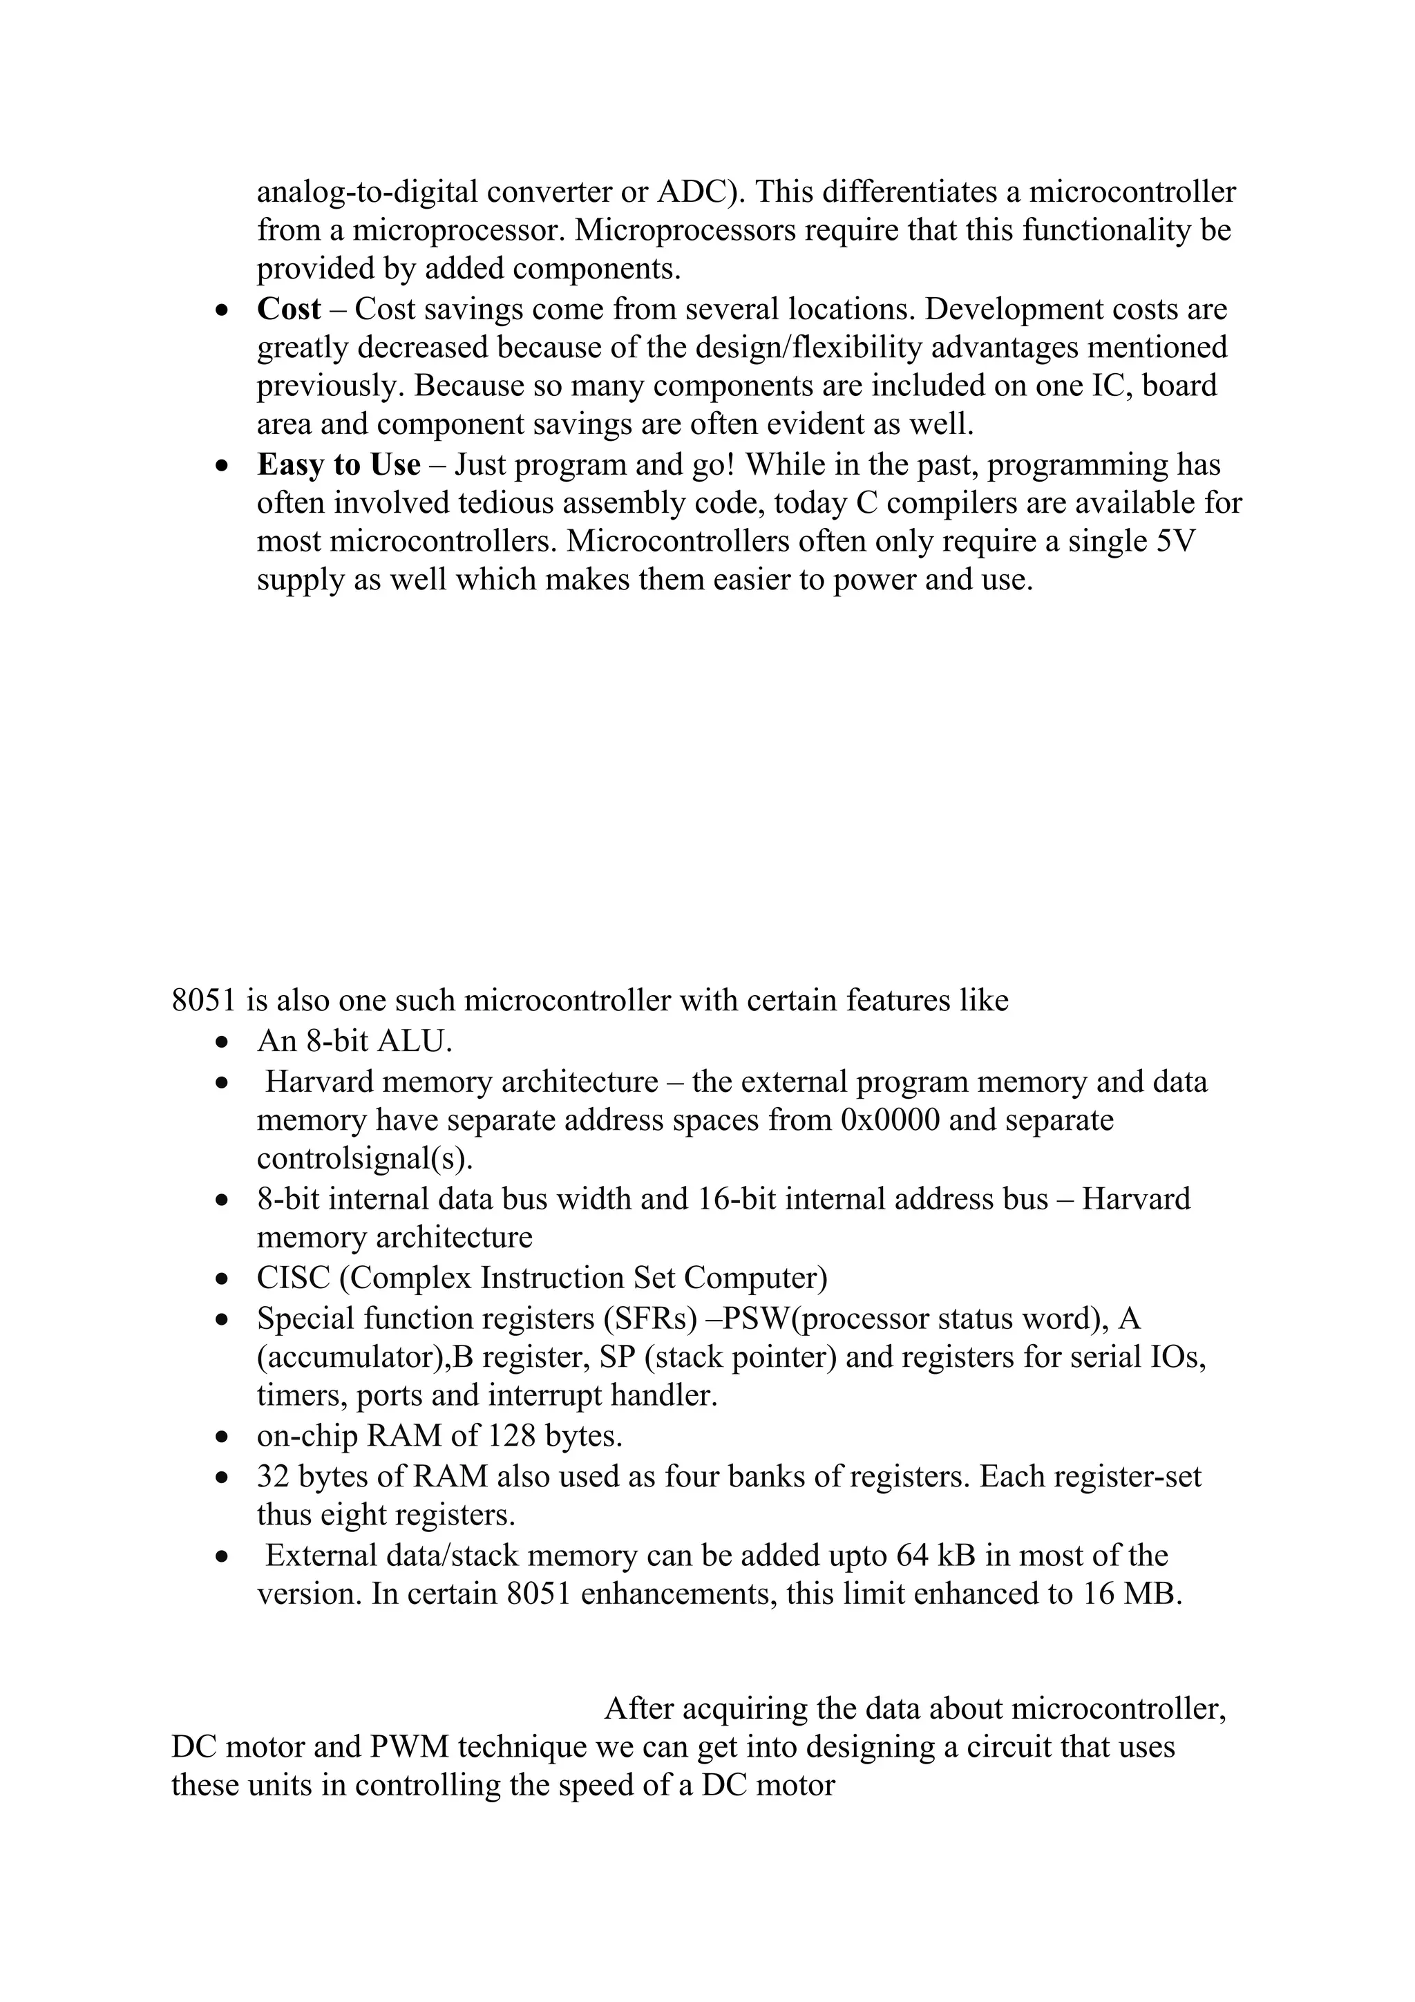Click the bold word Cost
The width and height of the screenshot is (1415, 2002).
point(289,310)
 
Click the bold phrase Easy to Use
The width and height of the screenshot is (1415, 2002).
point(339,465)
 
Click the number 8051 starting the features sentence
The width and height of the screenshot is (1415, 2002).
point(204,999)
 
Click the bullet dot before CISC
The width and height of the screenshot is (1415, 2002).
point(224,1279)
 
